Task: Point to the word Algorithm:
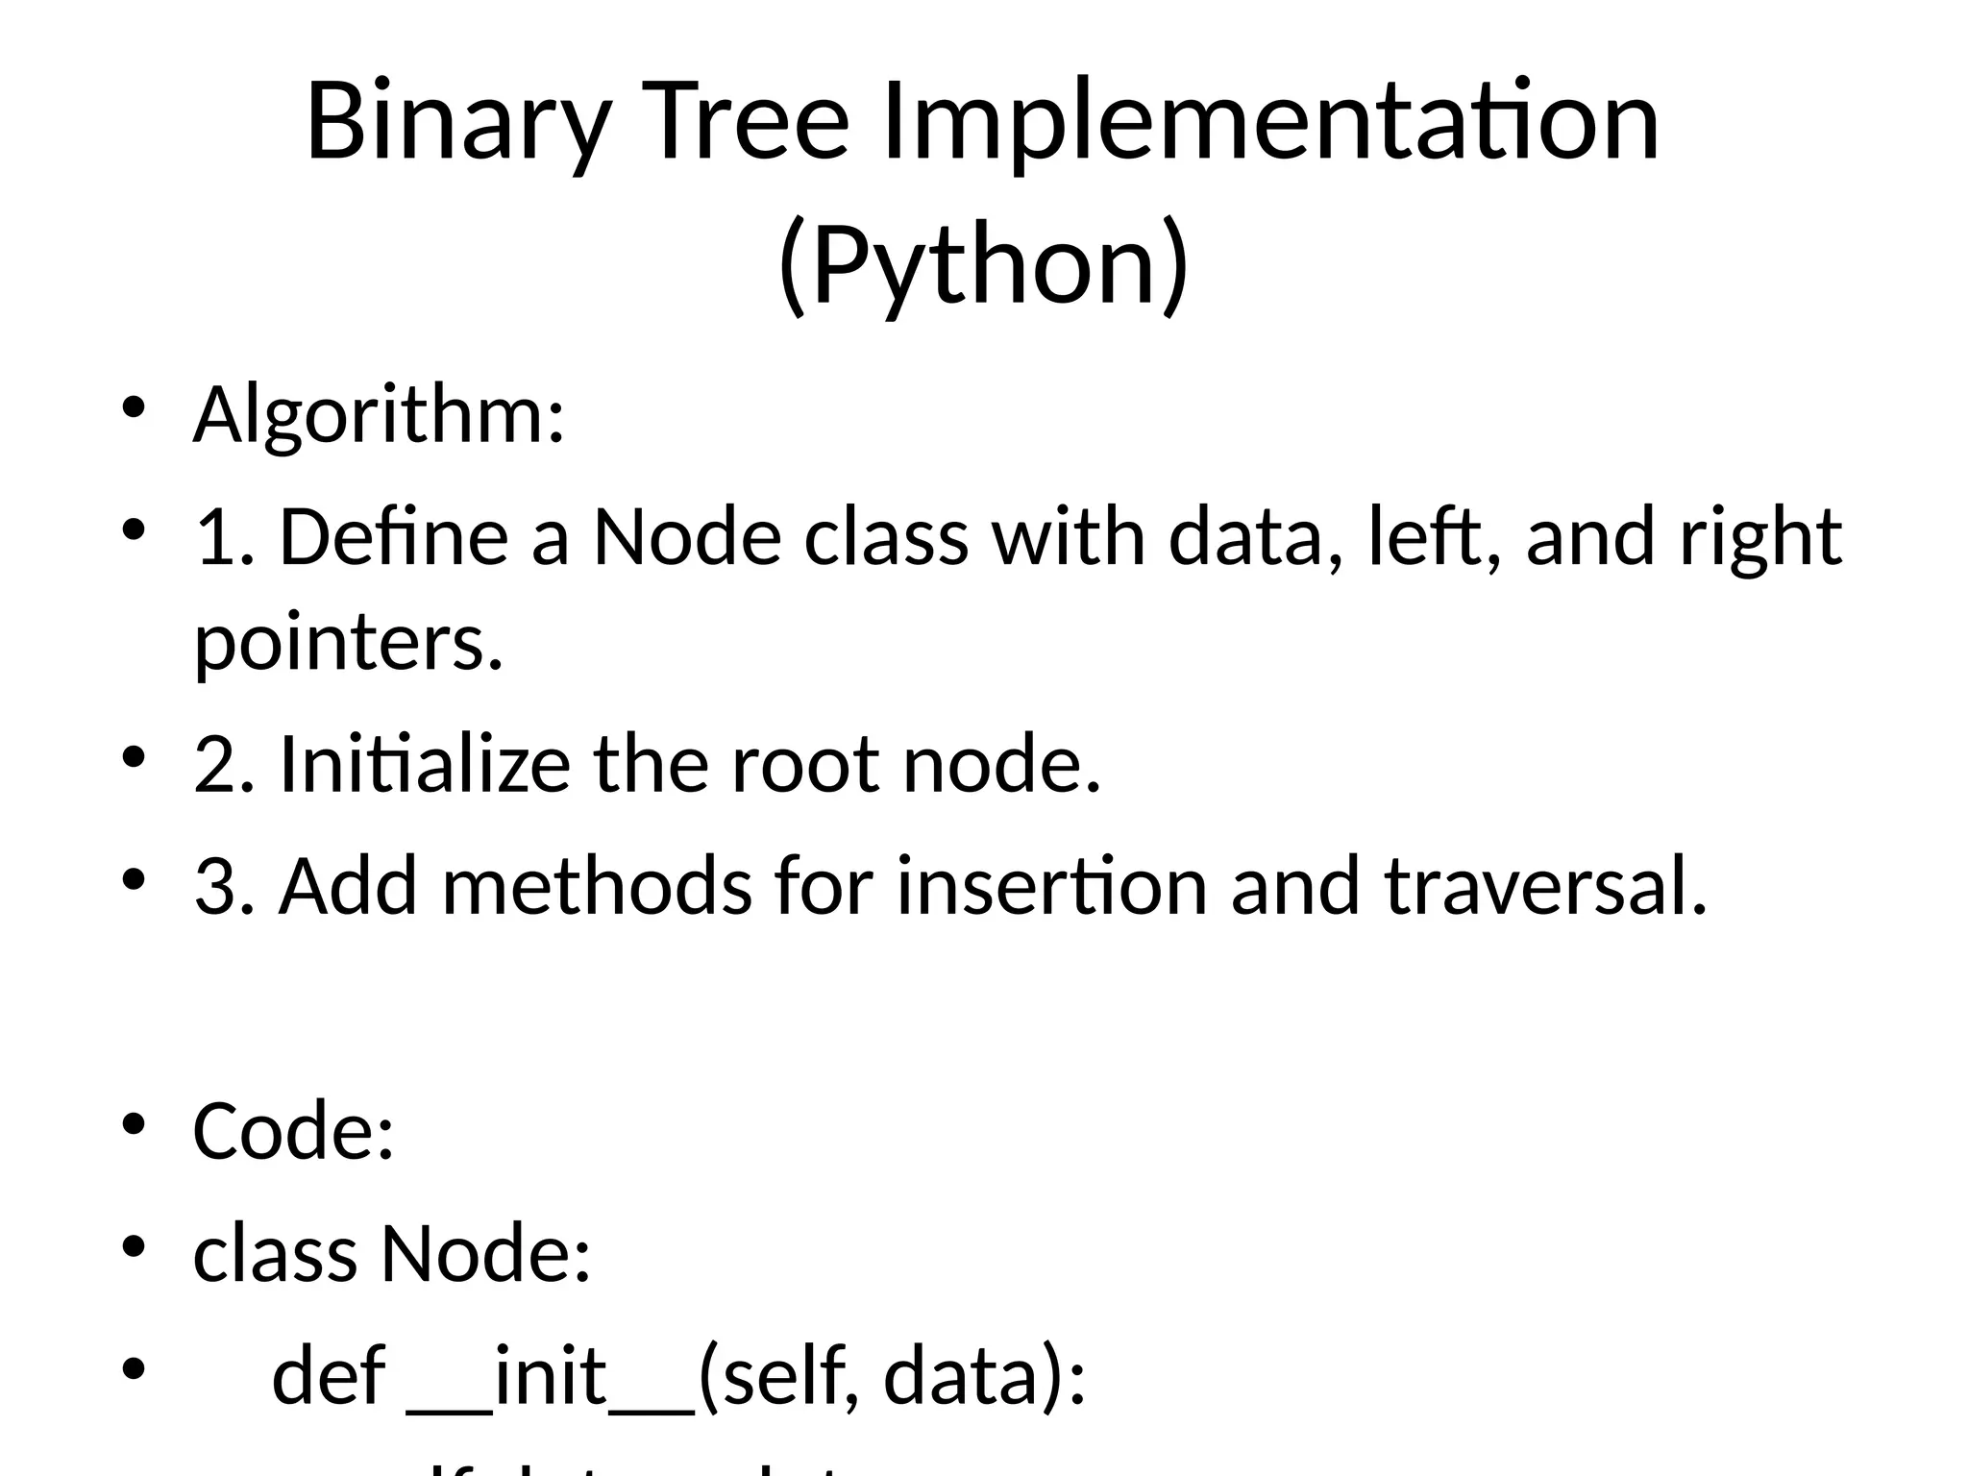click(x=379, y=416)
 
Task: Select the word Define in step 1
click(x=393, y=537)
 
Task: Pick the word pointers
click(x=349, y=644)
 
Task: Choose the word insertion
click(x=1051, y=887)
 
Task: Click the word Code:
click(x=294, y=1132)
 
